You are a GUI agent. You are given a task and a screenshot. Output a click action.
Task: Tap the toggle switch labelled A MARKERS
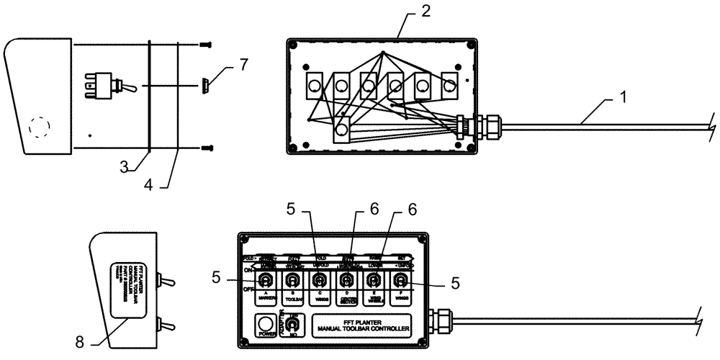click(x=266, y=279)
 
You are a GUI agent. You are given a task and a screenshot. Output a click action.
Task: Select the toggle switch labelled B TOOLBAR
click(x=292, y=279)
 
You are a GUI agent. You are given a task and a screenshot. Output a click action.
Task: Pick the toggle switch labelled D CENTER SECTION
click(x=346, y=279)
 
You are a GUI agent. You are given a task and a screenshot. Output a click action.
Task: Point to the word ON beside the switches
click(x=247, y=269)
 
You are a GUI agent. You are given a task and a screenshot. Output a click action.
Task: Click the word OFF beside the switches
click(x=247, y=288)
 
